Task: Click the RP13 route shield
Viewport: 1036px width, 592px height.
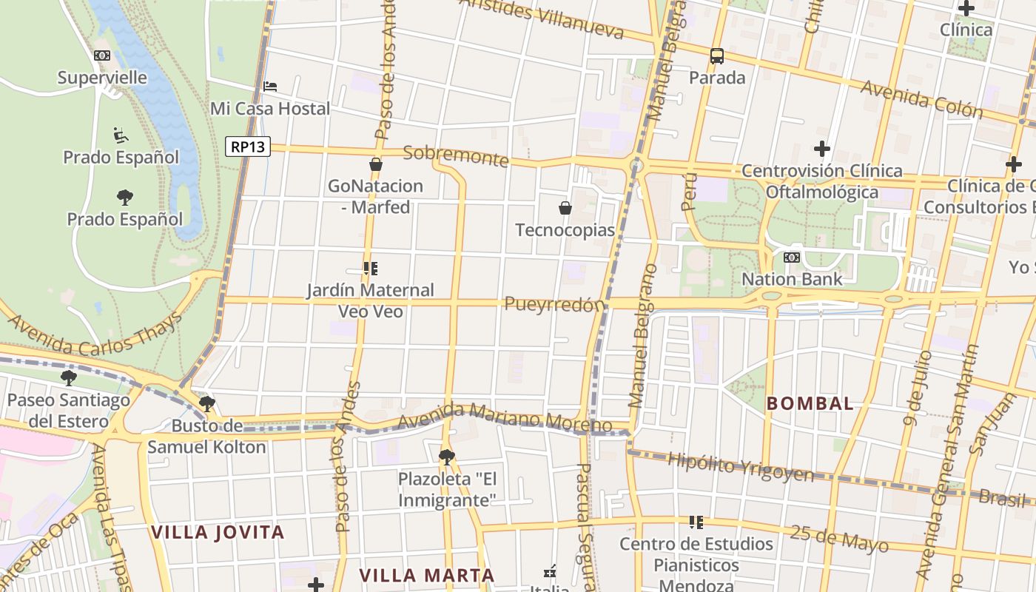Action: click(x=248, y=147)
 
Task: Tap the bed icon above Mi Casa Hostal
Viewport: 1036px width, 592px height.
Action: click(x=270, y=87)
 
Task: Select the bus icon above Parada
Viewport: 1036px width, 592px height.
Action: click(x=716, y=55)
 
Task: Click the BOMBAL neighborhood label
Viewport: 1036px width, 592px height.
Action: click(x=810, y=404)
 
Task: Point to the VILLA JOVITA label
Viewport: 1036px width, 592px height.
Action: click(x=218, y=532)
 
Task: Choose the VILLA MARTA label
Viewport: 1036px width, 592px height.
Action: click(x=427, y=575)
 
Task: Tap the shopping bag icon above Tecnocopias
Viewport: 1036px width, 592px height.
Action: click(x=565, y=208)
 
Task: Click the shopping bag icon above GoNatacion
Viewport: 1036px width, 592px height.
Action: click(x=376, y=164)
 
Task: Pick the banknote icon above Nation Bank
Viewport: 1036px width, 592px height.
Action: click(x=792, y=258)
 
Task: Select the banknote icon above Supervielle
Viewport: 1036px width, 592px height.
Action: click(x=102, y=55)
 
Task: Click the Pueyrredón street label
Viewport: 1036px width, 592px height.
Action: click(x=554, y=304)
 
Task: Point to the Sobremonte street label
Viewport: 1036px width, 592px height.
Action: click(x=456, y=156)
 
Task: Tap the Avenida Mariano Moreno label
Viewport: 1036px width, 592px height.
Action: click(x=505, y=417)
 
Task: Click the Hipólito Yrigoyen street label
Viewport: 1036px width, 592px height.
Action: click(x=740, y=467)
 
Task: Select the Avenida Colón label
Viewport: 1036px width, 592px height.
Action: click(x=921, y=99)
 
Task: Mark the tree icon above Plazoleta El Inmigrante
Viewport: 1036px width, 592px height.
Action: click(x=446, y=457)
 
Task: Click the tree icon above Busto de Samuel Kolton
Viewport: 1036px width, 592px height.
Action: click(x=207, y=403)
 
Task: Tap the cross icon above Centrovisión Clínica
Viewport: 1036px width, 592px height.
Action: click(x=821, y=148)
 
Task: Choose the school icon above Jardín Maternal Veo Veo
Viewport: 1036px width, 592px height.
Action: click(x=371, y=268)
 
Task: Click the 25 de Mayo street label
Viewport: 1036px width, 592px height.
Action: click(x=839, y=538)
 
